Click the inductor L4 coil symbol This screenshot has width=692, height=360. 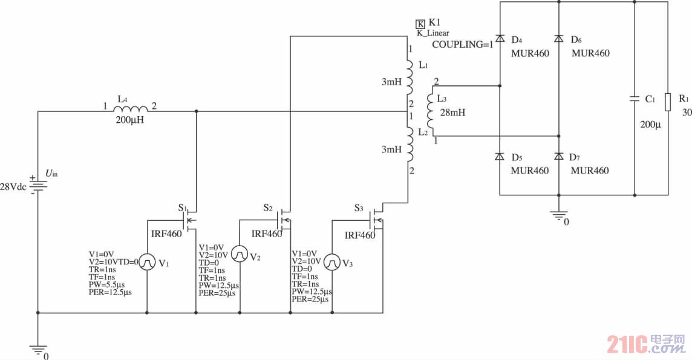coord(131,109)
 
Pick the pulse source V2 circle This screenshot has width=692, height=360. coord(240,253)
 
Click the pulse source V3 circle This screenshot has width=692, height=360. coord(332,262)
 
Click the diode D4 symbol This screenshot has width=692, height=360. coord(500,39)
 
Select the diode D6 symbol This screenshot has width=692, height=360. coord(558,39)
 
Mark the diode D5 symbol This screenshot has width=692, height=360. coord(500,157)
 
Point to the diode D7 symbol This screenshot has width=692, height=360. coord(558,157)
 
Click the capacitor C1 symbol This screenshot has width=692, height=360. coord(635,98)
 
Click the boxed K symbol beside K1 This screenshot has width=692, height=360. coord(420,24)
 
